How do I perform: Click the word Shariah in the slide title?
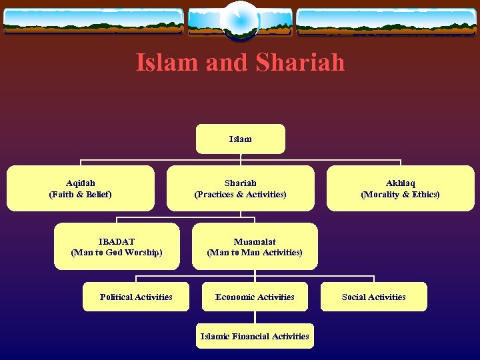[301, 63]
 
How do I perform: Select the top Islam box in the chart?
[240, 139]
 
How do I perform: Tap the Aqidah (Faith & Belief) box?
[80, 188]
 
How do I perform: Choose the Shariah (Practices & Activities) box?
[240, 188]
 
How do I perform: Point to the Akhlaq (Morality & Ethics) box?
[400, 188]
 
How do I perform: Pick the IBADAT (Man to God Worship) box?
[117, 247]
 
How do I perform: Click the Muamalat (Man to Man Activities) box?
[255, 247]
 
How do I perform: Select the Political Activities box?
[136, 297]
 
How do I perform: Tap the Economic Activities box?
[255, 297]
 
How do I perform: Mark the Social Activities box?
[373, 297]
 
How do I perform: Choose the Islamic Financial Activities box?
[255, 336]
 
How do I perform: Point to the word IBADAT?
[117, 241]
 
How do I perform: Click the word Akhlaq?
[400, 183]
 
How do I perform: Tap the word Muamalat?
[255, 241]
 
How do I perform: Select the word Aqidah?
[80, 183]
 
